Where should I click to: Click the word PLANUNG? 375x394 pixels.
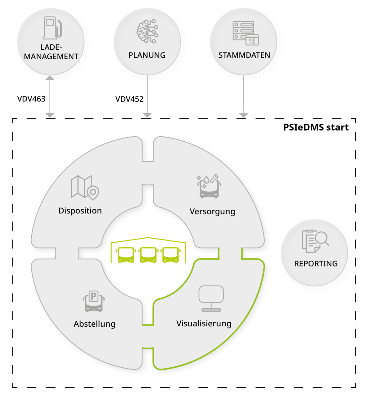pos(147,55)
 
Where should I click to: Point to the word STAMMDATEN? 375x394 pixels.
pos(244,55)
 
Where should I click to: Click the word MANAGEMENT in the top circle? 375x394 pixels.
pos(51,56)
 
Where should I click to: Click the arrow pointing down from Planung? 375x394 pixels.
pos(147,97)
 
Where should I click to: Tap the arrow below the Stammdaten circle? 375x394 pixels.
pos(244,97)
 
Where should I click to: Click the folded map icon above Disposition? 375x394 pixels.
pos(84,187)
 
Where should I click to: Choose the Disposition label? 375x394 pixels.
pos(80,211)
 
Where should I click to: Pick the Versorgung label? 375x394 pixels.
pos(212,212)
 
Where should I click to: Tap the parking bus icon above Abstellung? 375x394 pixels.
pos(93,301)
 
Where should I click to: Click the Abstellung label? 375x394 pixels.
pos(94,324)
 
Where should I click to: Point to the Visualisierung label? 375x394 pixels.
pos(204,324)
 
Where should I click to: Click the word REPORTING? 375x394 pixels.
pos(316,264)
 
